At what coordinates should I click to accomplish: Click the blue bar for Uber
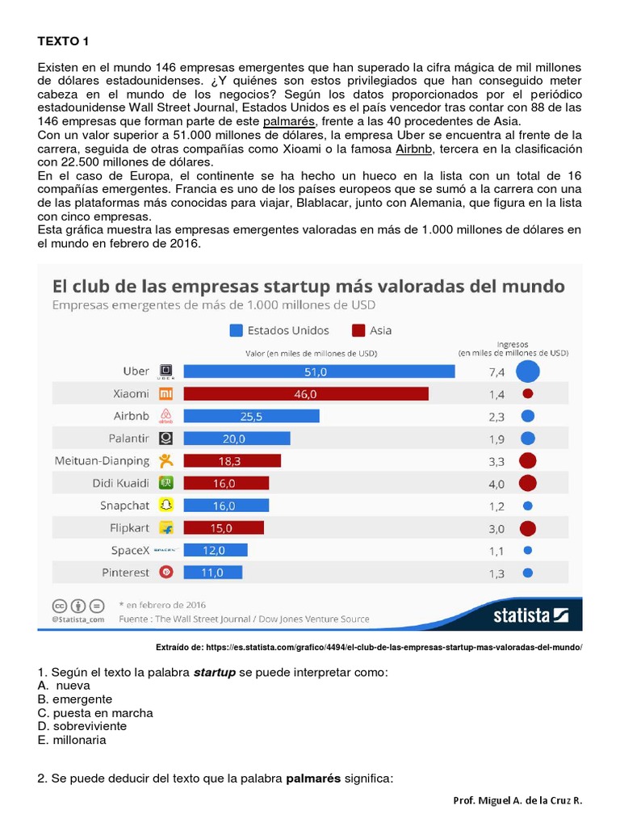pyautogui.click(x=319, y=372)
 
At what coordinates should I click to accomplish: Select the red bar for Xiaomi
pyautogui.click(x=306, y=394)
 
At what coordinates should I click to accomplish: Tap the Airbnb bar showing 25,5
pyautogui.click(x=251, y=417)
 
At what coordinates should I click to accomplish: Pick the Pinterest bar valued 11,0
pyautogui.click(x=216, y=573)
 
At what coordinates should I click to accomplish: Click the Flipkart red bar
pyautogui.click(x=224, y=528)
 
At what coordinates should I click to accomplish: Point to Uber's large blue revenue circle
pyautogui.click(x=528, y=372)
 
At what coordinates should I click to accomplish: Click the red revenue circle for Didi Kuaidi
pyautogui.click(x=528, y=484)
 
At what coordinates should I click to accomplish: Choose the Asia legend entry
pyautogui.click(x=371, y=330)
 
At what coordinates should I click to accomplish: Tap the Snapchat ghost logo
pyautogui.click(x=166, y=506)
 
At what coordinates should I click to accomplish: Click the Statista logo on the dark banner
pyautogui.click(x=531, y=615)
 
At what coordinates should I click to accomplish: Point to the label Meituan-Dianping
pyautogui.click(x=102, y=461)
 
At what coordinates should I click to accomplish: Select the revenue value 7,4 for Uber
pyautogui.click(x=496, y=372)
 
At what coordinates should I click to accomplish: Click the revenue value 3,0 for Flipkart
pyautogui.click(x=496, y=529)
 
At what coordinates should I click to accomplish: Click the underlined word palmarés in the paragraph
pyautogui.click(x=288, y=122)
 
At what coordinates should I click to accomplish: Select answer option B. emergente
pyautogui.click(x=74, y=699)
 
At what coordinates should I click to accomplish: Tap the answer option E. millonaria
pyautogui.click(x=72, y=740)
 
